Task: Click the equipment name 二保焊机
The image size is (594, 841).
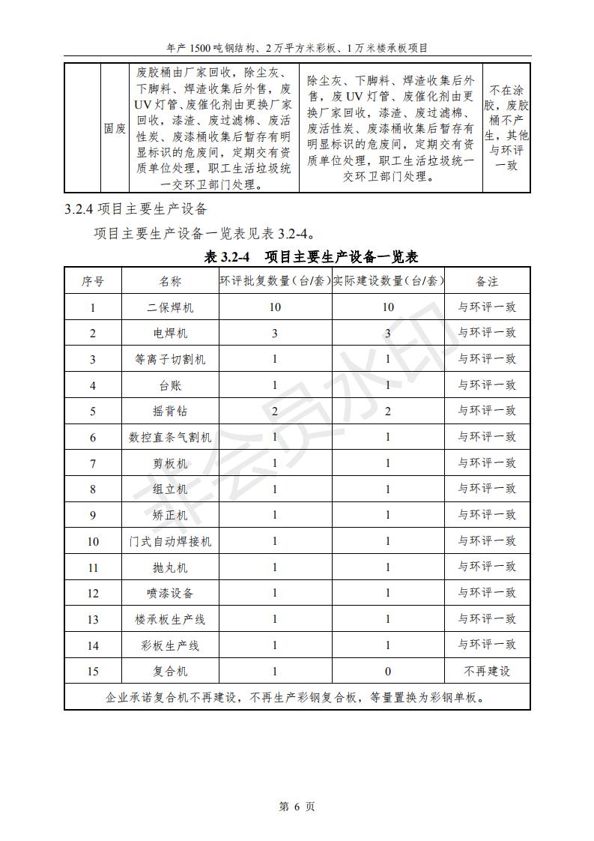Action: coord(170,307)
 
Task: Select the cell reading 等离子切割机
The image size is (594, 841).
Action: coord(170,359)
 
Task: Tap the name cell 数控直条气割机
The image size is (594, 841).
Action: coord(170,437)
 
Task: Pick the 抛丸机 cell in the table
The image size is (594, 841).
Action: coord(170,567)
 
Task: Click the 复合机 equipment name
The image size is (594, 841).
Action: coord(170,671)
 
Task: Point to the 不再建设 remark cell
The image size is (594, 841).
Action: coord(487,671)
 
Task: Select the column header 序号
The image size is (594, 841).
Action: coord(93,281)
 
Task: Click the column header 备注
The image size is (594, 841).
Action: coord(487,281)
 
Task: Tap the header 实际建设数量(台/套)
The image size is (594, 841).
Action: coord(388,281)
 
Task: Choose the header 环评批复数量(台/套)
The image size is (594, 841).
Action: coord(275,281)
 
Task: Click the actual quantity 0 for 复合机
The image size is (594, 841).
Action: coord(388,671)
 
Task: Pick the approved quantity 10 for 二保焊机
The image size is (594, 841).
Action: coord(275,307)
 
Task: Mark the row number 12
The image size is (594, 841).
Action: coord(93,593)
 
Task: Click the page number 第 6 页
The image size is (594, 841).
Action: coord(297,807)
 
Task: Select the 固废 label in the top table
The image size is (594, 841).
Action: coord(115,128)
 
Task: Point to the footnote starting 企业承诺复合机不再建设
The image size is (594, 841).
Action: coord(297,697)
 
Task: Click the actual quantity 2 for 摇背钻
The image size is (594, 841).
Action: coord(388,411)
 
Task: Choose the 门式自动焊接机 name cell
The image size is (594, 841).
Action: coord(170,541)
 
